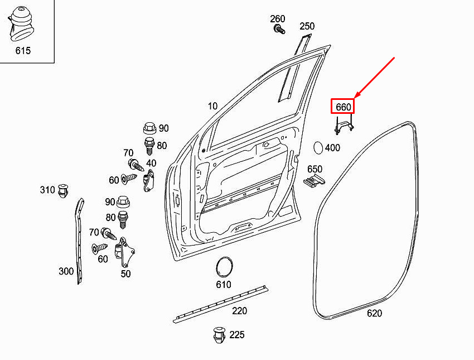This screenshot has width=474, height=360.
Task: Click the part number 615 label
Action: click(x=23, y=51)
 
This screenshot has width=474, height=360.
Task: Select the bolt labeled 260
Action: click(x=278, y=28)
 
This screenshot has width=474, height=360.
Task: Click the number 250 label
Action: click(x=307, y=26)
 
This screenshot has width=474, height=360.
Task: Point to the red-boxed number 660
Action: click(x=343, y=107)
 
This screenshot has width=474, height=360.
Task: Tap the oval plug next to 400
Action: click(x=317, y=148)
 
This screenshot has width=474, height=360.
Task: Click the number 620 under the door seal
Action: click(x=374, y=314)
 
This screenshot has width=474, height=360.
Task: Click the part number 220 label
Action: click(x=240, y=311)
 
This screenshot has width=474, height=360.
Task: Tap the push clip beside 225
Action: click(x=217, y=335)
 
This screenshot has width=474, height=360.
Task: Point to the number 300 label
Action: click(x=66, y=272)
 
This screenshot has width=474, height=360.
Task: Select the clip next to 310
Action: click(x=64, y=190)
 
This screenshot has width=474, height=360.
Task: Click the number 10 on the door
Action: click(x=212, y=106)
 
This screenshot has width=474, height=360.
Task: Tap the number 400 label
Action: click(x=332, y=148)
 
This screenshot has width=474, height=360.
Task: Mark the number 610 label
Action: click(x=224, y=285)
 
